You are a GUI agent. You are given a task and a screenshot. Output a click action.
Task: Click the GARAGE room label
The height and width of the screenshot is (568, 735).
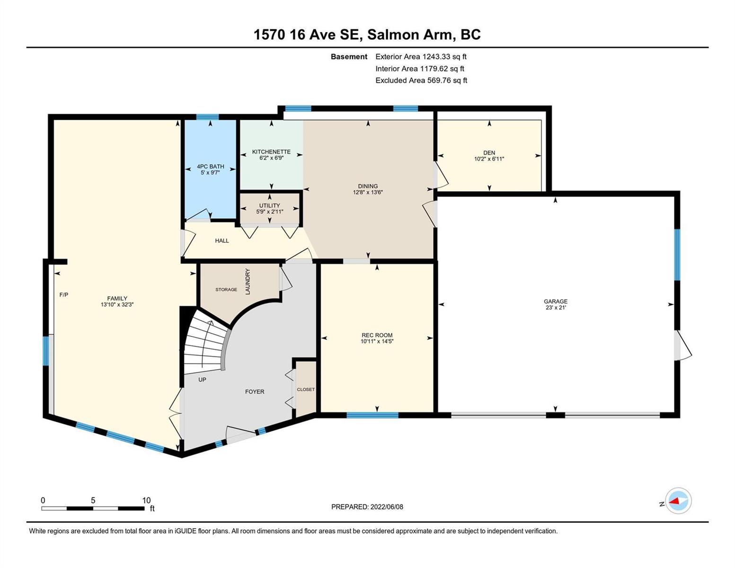coord(556,301)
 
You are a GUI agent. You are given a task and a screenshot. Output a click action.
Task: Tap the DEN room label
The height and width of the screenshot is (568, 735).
coord(489,153)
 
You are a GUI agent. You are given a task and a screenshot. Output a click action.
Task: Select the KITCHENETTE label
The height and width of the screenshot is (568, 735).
coord(271,152)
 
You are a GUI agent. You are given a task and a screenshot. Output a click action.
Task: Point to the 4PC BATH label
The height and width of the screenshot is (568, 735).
coord(211,167)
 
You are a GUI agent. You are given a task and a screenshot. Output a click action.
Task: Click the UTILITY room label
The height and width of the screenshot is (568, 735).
coord(270,206)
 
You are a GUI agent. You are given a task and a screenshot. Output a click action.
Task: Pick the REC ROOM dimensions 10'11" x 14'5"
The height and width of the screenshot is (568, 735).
coord(377,341)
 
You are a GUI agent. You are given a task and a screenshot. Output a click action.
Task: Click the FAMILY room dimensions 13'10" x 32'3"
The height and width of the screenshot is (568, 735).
coord(117,304)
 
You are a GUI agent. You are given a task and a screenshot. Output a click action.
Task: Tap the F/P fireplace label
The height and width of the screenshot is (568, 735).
coord(63,295)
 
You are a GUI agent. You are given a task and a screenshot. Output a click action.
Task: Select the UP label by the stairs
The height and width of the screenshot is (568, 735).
coord(202,380)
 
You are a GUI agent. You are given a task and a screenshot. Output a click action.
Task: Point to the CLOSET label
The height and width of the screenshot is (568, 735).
coord(306,390)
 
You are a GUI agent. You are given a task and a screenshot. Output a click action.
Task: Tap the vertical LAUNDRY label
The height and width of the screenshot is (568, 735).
coord(248,282)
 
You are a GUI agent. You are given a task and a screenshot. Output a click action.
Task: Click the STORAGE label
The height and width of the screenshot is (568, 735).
coord(226,290)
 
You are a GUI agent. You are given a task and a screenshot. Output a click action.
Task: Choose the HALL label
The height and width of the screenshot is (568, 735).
coord(222,240)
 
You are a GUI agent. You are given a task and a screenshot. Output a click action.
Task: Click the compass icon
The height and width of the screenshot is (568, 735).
coord(678,501)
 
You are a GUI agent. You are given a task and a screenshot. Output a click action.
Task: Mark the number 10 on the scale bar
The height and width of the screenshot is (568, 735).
coord(146,500)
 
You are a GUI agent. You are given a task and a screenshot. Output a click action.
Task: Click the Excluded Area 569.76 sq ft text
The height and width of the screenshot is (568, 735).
coord(421,80)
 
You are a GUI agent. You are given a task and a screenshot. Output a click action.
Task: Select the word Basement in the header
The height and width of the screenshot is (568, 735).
coord(349,57)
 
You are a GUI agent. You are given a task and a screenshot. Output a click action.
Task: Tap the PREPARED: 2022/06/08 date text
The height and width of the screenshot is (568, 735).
coord(367,507)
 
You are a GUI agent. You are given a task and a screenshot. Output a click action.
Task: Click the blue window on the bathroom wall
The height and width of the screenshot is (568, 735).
coord(207,117)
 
